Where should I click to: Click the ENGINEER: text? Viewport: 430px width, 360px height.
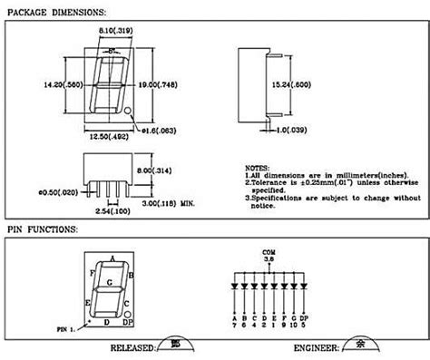click(317, 348)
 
